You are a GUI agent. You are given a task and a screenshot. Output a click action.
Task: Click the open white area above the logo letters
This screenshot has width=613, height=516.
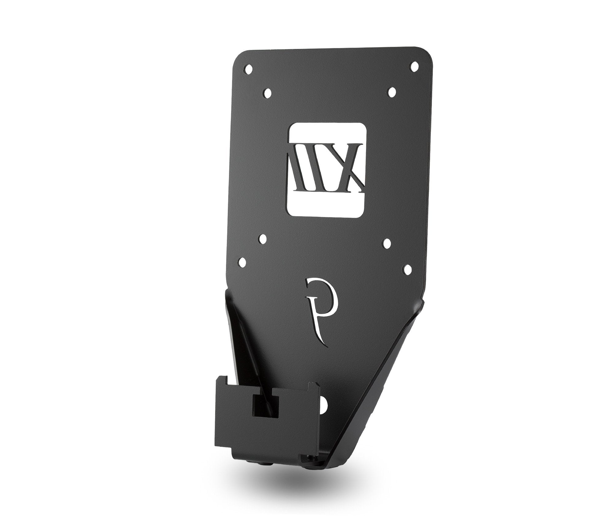[328, 133]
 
